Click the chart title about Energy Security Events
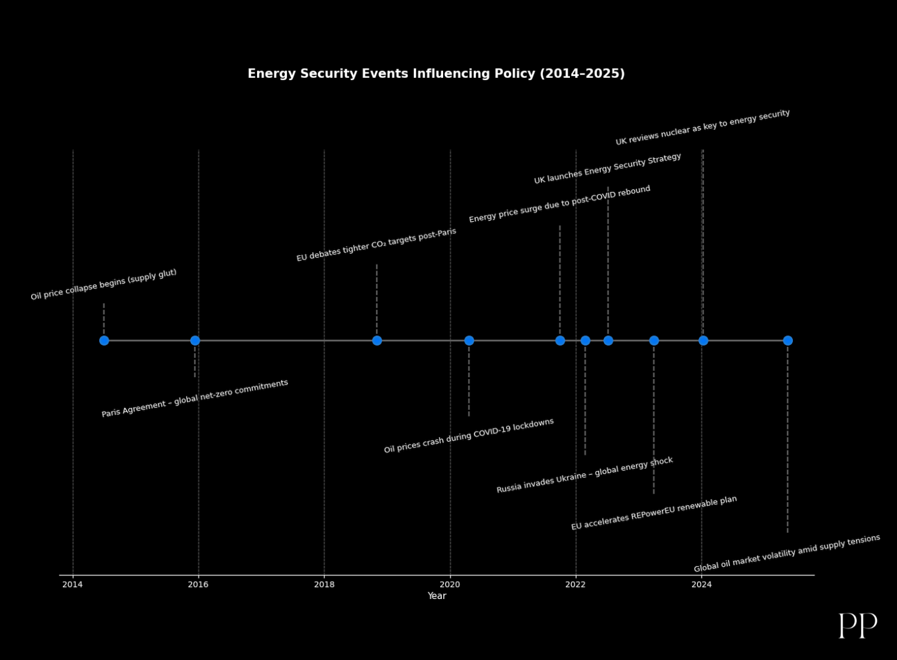pos(436,74)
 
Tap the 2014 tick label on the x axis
pos(72,585)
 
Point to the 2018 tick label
pos(324,585)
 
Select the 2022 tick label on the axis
pos(575,585)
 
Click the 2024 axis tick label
pos(701,585)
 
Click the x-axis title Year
pos(437,596)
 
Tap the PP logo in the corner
pos(858,626)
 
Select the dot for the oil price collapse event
pos(104,341)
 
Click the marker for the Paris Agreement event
pos(195,341)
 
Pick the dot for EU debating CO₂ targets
pos(377,341)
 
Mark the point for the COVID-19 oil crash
pos(469,341)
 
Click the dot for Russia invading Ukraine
pos(585,341)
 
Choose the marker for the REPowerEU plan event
pos(654,341)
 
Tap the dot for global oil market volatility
pos(788,341)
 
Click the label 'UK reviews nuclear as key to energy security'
pos(703,127)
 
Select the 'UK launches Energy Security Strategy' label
pos(608,169)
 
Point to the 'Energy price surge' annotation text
pos(560,204)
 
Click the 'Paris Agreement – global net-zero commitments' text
pos(195,399)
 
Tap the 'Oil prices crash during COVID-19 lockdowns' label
pos(469,436)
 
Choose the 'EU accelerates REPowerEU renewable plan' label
pos(654,514)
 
